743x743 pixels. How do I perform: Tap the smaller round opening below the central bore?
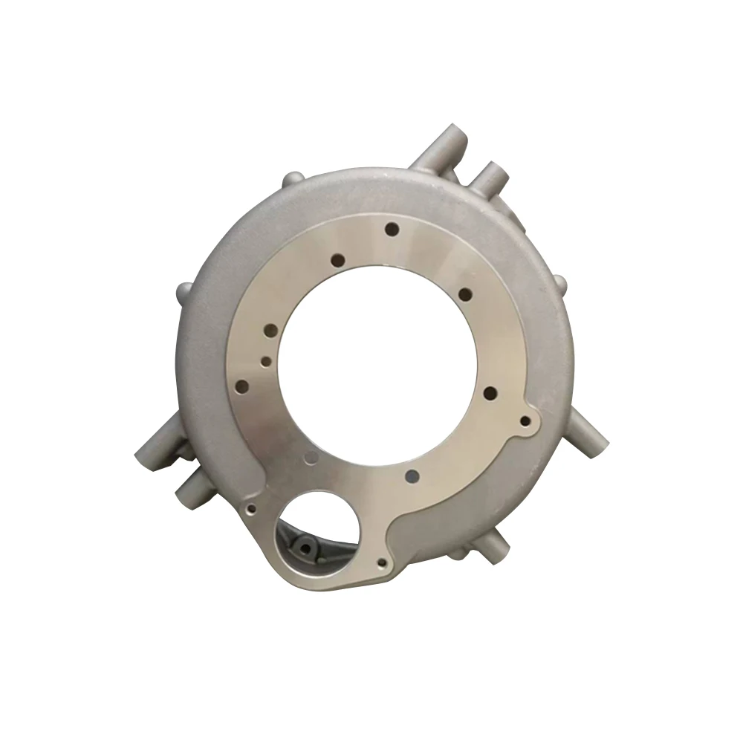(317, 531)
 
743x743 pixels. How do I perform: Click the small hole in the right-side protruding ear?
(525, 421)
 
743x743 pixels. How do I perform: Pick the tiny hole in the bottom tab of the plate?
(382, 563)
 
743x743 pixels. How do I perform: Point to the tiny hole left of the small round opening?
(252, 509)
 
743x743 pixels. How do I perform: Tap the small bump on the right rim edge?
(559, 282)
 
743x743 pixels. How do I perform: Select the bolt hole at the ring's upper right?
(466, 294)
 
